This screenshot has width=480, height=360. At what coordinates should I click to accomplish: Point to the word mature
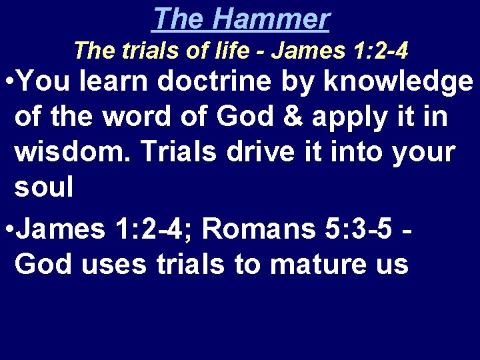321,265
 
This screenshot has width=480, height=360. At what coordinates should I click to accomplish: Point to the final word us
391,265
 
